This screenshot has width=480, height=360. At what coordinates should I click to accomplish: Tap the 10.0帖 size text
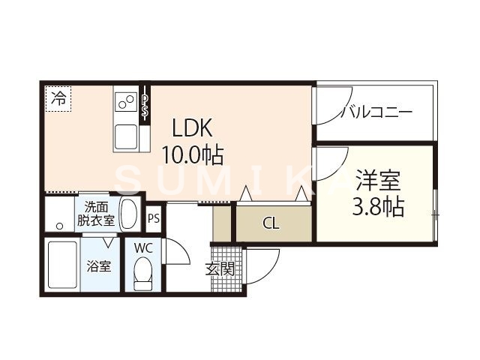[x=192, y=155]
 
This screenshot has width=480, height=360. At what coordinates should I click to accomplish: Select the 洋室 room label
[x=378, y=181]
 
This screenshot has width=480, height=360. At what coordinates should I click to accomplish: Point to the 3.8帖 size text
[x=378, y=206]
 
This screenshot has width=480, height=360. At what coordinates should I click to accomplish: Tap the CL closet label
[x=272, y=223]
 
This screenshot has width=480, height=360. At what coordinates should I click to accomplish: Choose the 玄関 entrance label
[x=220, y=268]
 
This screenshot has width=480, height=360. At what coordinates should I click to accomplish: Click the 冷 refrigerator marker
[x=58, y=97]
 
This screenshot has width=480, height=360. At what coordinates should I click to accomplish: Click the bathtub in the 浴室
[x=61, y=266]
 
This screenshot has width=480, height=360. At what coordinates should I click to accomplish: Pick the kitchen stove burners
[x=125, y=101]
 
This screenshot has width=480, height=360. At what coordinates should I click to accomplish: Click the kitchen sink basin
[x=125, y=136]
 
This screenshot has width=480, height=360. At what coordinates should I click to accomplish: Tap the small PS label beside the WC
[x=154, y=219]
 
